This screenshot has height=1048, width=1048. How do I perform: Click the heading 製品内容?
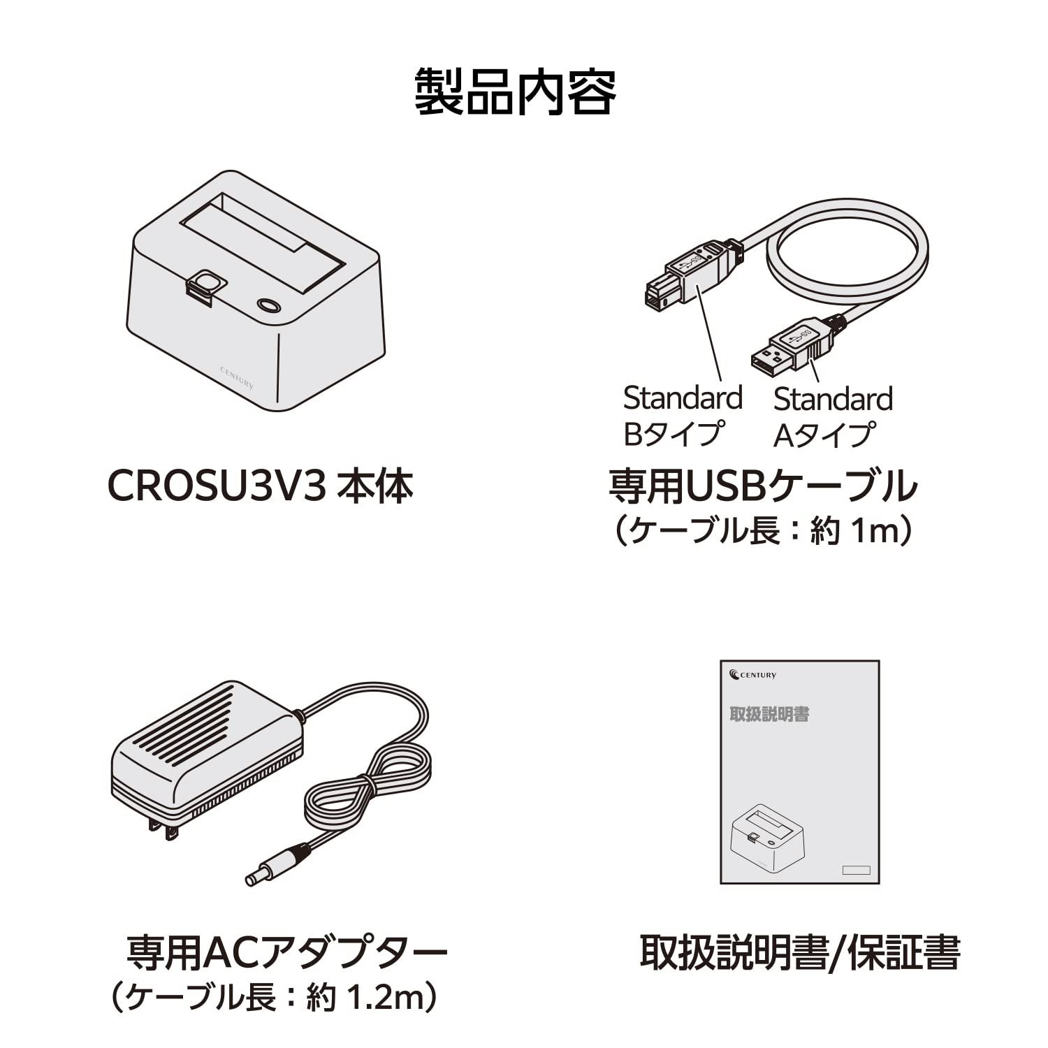click(x=516, y=92)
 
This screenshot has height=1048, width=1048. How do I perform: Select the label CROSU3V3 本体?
click(x=261, y=486)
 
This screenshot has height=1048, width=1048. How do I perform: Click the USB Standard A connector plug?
click(x=792, y=345)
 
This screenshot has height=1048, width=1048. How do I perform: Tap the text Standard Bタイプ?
click(x=682, y=416)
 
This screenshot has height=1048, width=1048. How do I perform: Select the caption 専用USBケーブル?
click(x=762, y=486)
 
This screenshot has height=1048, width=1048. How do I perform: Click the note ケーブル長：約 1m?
click(x=762, y=531)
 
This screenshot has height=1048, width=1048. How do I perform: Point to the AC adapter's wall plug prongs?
click(x=161, y=829)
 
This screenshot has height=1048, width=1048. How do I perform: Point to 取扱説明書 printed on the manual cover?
click(x=769, y=714)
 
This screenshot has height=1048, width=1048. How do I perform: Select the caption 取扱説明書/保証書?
click(x=799, y=952)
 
